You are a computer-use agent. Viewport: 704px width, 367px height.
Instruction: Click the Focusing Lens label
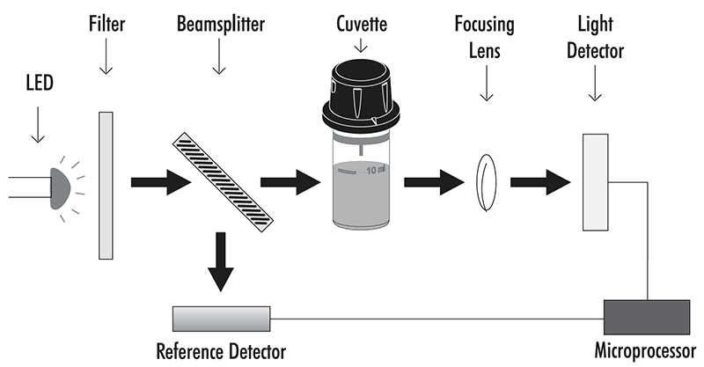[485, 38]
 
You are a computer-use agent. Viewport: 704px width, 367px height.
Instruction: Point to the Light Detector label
[600, 38]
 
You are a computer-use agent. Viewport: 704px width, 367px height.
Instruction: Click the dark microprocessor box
[647, 314]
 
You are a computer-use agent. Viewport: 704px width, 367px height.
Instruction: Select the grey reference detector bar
[220, 316]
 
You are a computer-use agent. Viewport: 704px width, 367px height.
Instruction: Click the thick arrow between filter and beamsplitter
[158, 183]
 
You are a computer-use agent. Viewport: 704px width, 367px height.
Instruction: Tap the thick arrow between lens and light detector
[539, 183]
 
